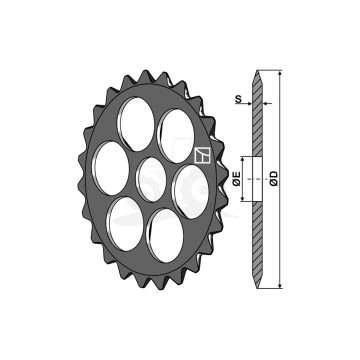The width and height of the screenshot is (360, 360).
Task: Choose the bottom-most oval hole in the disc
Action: pyautogui.click(x=163, y=236)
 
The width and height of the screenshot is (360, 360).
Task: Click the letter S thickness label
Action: pyautogui.click(x=237, y=98)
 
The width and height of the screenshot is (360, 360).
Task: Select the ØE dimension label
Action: pyautogui.click(x=236, y=180)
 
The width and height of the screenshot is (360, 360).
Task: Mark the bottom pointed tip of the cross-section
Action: pyautogui.click(x=262, y=285)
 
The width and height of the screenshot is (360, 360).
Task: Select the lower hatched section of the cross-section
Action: pyautogui.click(x=262, y=235)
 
